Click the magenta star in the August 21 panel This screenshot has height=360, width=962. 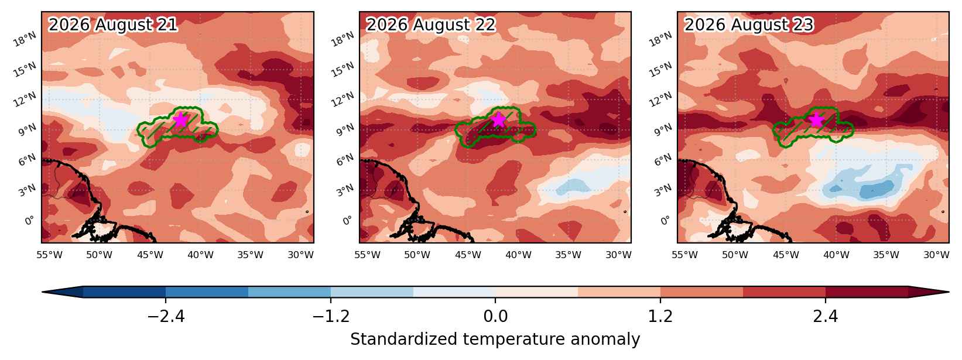click(182, 120)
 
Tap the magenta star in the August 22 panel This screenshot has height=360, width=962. click(498, 120)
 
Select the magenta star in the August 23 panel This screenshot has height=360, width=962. click(816, 120)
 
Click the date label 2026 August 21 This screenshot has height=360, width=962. click(112, 25)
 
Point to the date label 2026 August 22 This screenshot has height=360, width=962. click(431, 25)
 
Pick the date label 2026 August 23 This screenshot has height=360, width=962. click(748, 25)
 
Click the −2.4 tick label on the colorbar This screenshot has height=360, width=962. click(166, 317)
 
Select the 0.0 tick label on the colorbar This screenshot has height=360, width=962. click(495, 317)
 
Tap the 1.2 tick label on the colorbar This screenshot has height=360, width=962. click(660, 317)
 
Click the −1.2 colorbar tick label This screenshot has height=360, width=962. click(331, 317)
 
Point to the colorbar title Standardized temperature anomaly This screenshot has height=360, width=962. click(495, 340)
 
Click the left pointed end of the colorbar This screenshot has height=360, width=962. click(43, 292)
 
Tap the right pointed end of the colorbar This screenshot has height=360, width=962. click(949, 292)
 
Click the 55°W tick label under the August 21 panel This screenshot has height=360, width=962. click(49, 255)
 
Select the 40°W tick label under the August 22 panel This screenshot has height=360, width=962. click(518, 255)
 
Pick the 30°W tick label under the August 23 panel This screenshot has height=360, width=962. click(936, 255)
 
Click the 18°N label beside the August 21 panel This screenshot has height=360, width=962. click(25, 39)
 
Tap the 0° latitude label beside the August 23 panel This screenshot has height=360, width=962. click(665, 221)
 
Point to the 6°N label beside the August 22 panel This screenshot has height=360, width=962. click(345, 160)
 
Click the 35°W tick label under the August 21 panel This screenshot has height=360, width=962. click(251, 255)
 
